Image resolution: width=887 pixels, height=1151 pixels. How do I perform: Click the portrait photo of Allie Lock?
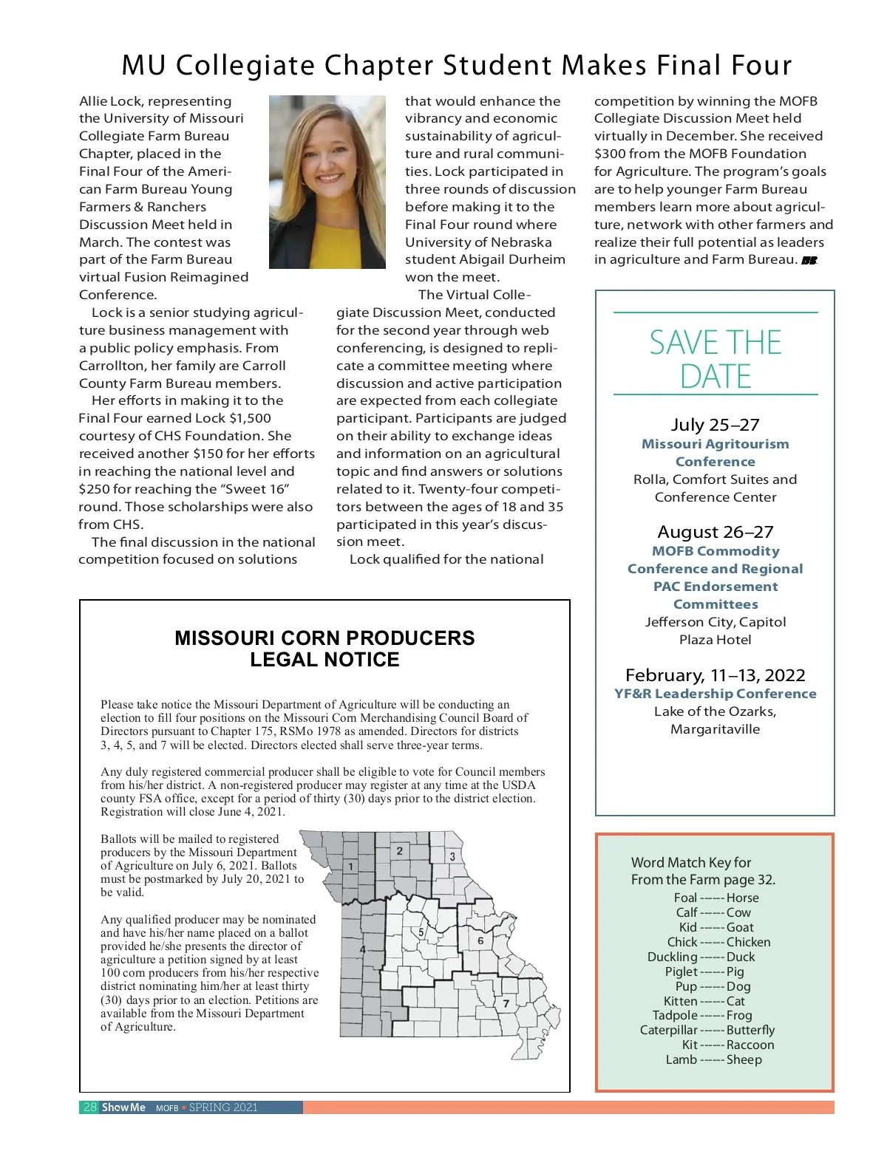[x=327, y=182]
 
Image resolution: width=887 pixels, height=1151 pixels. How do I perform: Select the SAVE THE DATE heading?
[x=715, y=359]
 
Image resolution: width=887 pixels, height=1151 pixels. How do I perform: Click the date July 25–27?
[x=715, y=425]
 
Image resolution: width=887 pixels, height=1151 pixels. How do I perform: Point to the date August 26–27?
[x=715, y=532]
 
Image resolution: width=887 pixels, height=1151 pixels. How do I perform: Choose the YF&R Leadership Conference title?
[x=715, y=694]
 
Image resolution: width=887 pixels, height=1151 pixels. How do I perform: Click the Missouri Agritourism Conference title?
[x=715, y=453]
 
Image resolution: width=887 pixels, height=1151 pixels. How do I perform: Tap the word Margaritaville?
[x=715, y=729]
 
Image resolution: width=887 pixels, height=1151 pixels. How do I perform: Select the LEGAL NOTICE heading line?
[x=324, y=660]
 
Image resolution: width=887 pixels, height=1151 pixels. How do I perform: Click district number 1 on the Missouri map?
[x=350, y=866]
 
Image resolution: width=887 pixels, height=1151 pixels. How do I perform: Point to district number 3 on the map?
[x=452, y=857]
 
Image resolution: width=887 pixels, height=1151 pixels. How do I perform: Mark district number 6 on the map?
[x=480, y=940]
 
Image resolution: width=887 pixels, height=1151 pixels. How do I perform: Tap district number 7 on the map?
[x=506, y=1003]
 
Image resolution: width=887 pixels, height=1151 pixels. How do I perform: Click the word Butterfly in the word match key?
[x=750, y=1030]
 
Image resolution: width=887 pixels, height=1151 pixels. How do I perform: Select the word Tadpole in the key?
[x=675, y=1015]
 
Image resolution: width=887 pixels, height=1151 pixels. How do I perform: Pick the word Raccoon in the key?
[x=750, y=1045]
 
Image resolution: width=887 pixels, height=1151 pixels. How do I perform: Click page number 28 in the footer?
[x=90, y=1107]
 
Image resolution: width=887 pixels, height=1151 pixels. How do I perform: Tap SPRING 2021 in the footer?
[x=223, y=1107]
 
